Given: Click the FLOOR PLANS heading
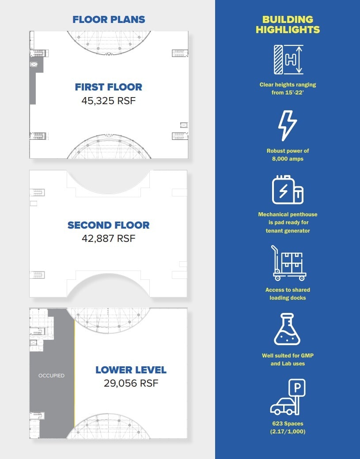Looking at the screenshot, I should pos(109,19).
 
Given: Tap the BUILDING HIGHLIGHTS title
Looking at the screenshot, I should pos(288,25).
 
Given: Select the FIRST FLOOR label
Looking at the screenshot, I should pos(108,87).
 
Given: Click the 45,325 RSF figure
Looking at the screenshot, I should pos(108,101).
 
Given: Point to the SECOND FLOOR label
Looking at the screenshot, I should pos(108,225).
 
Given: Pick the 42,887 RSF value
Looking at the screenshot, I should pos(108,239).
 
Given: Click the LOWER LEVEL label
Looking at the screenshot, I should pos(131,370).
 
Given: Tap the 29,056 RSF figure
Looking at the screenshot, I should pos(131,384).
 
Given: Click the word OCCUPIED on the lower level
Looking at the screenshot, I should pos(51,376).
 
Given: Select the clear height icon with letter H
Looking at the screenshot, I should pos(288,59).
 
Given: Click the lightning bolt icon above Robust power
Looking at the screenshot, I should pos(287,125).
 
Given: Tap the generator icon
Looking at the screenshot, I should pos(288,190).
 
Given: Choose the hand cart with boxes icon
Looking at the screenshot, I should pos(288,263).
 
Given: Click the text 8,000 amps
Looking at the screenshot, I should pos(288,159).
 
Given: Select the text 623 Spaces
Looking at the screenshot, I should pos(288,424).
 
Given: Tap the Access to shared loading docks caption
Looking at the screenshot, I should pos(288,294).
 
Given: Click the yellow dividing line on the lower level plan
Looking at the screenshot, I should pos(74,375).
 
